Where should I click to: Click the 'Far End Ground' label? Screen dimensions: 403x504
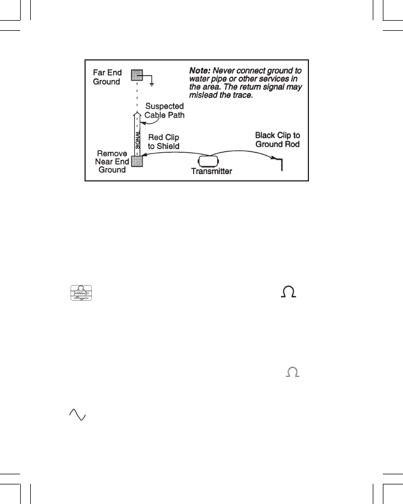point(106,77)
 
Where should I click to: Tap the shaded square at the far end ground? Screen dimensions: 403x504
point(137,75)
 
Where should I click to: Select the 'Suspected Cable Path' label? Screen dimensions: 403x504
point(165,111)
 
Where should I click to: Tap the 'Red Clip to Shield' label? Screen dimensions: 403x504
point(163,142)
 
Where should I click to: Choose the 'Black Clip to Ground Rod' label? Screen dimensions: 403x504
point(278,139)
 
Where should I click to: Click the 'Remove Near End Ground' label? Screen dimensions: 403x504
point(112,161)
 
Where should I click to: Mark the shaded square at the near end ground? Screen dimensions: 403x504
point(137,161)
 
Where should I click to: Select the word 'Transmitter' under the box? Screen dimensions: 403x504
point(212,171)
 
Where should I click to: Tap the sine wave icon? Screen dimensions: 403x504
point(77,414)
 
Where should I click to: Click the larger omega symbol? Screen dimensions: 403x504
point(290,292)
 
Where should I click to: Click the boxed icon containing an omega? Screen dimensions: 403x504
point(81,293)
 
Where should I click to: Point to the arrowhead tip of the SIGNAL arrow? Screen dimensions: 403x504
point(137,112)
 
